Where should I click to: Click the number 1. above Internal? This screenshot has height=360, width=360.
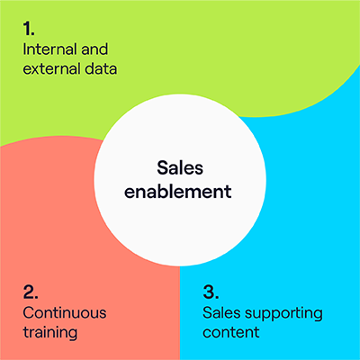pyautogui.click(x=29, y=29)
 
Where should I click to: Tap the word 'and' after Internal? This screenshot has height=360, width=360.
pyautogui.click(x=94, y=49)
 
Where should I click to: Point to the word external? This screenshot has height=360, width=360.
pyautogui.click(x=51, y=68)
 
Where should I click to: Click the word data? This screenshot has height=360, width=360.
pyautogui.click(x=101, y=68)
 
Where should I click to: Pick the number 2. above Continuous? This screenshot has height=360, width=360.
pyautogui.click(x=31, y=292)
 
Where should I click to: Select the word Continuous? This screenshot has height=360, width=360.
pyautogui.click(x=65, y=313)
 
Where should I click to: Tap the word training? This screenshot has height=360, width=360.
pyautogui.click(x=50, y=333)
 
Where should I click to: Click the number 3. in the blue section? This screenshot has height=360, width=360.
pyautogui.click(x=211, y=292)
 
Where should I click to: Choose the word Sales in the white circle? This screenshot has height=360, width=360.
pyautogui.click(x=180, y=167)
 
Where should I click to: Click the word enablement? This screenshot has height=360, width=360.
pyautogui.click(x=178, y=191)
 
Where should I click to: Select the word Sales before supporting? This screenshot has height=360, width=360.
pyautogui.click(x=221, y=313)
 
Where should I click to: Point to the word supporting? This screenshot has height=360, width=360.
pyautogui.click(x=283, y=314)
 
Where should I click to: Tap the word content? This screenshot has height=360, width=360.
pyautogui.click(x=231, y=332)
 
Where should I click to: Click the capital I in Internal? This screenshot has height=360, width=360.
pyautogui.click(x=25, y=49)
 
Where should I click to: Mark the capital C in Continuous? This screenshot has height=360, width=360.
pyautogui.click(x=29, y=313)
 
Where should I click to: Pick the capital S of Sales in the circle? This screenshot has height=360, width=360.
pyautogui.click(x=162, y=167)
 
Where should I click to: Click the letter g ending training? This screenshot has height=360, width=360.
pyautogui.click(x=73, y=335)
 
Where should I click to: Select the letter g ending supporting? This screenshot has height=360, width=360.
pyautogui.click(x=319, y=316)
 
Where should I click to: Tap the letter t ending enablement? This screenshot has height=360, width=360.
pyautogui.click(x=229, y=192)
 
